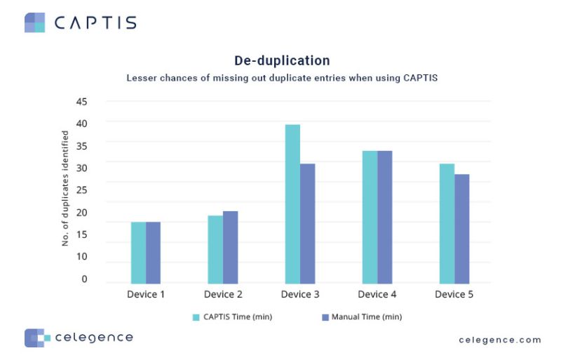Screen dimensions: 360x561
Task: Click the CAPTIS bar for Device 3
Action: (292, 204)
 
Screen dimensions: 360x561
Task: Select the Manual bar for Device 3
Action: (308, 223)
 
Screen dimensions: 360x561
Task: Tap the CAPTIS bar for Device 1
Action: (138, 252)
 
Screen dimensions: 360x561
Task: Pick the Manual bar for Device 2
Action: (231, 247)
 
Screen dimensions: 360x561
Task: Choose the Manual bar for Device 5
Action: (462, 228)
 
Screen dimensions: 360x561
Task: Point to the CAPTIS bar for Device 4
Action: (370, 217)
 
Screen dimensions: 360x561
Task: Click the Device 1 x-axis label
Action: (146, 294)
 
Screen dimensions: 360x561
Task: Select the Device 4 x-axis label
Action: (377, 294)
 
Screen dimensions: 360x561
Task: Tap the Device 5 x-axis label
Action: (454, 294)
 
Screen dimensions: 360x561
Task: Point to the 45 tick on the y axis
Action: (81, 102)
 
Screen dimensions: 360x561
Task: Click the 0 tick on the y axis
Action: (84, 279)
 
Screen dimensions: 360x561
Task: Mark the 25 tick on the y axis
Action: (81, 190)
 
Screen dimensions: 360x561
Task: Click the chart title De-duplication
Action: (282, 61)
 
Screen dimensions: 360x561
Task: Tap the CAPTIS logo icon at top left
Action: (34, 22)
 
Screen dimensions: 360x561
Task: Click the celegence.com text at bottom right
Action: (500, 340)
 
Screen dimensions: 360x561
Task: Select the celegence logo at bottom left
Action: (78, 338)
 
